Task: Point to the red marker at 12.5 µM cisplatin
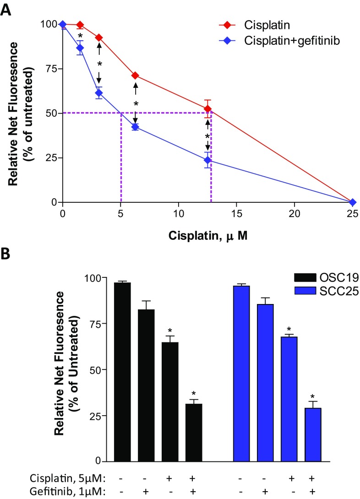tap(207, 109)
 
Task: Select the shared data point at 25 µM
tap(352, 202)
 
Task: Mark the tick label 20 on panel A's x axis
tap(295, 213)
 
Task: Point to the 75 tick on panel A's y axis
tap(51, 69)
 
